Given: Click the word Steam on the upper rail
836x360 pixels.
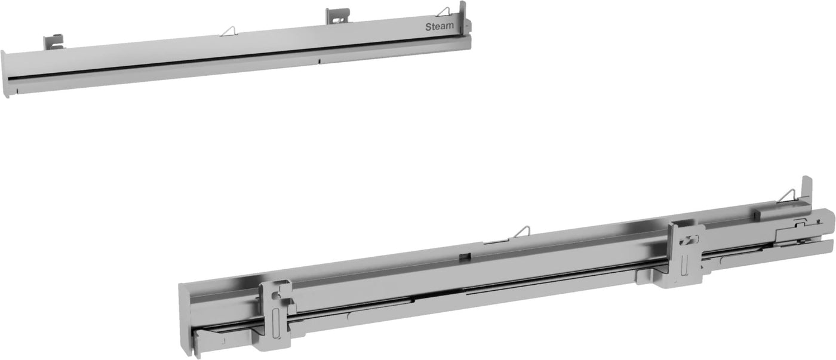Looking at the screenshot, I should click(x=439, y=26).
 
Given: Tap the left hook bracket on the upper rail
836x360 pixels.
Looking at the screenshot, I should click(x=53, y=42).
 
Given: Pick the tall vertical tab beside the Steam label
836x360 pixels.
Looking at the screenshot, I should click(x=462, y=15).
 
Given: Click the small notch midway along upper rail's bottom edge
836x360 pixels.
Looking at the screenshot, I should click(x=319, y=60).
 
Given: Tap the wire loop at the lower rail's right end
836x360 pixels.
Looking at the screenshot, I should click(x=788, y=195).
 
